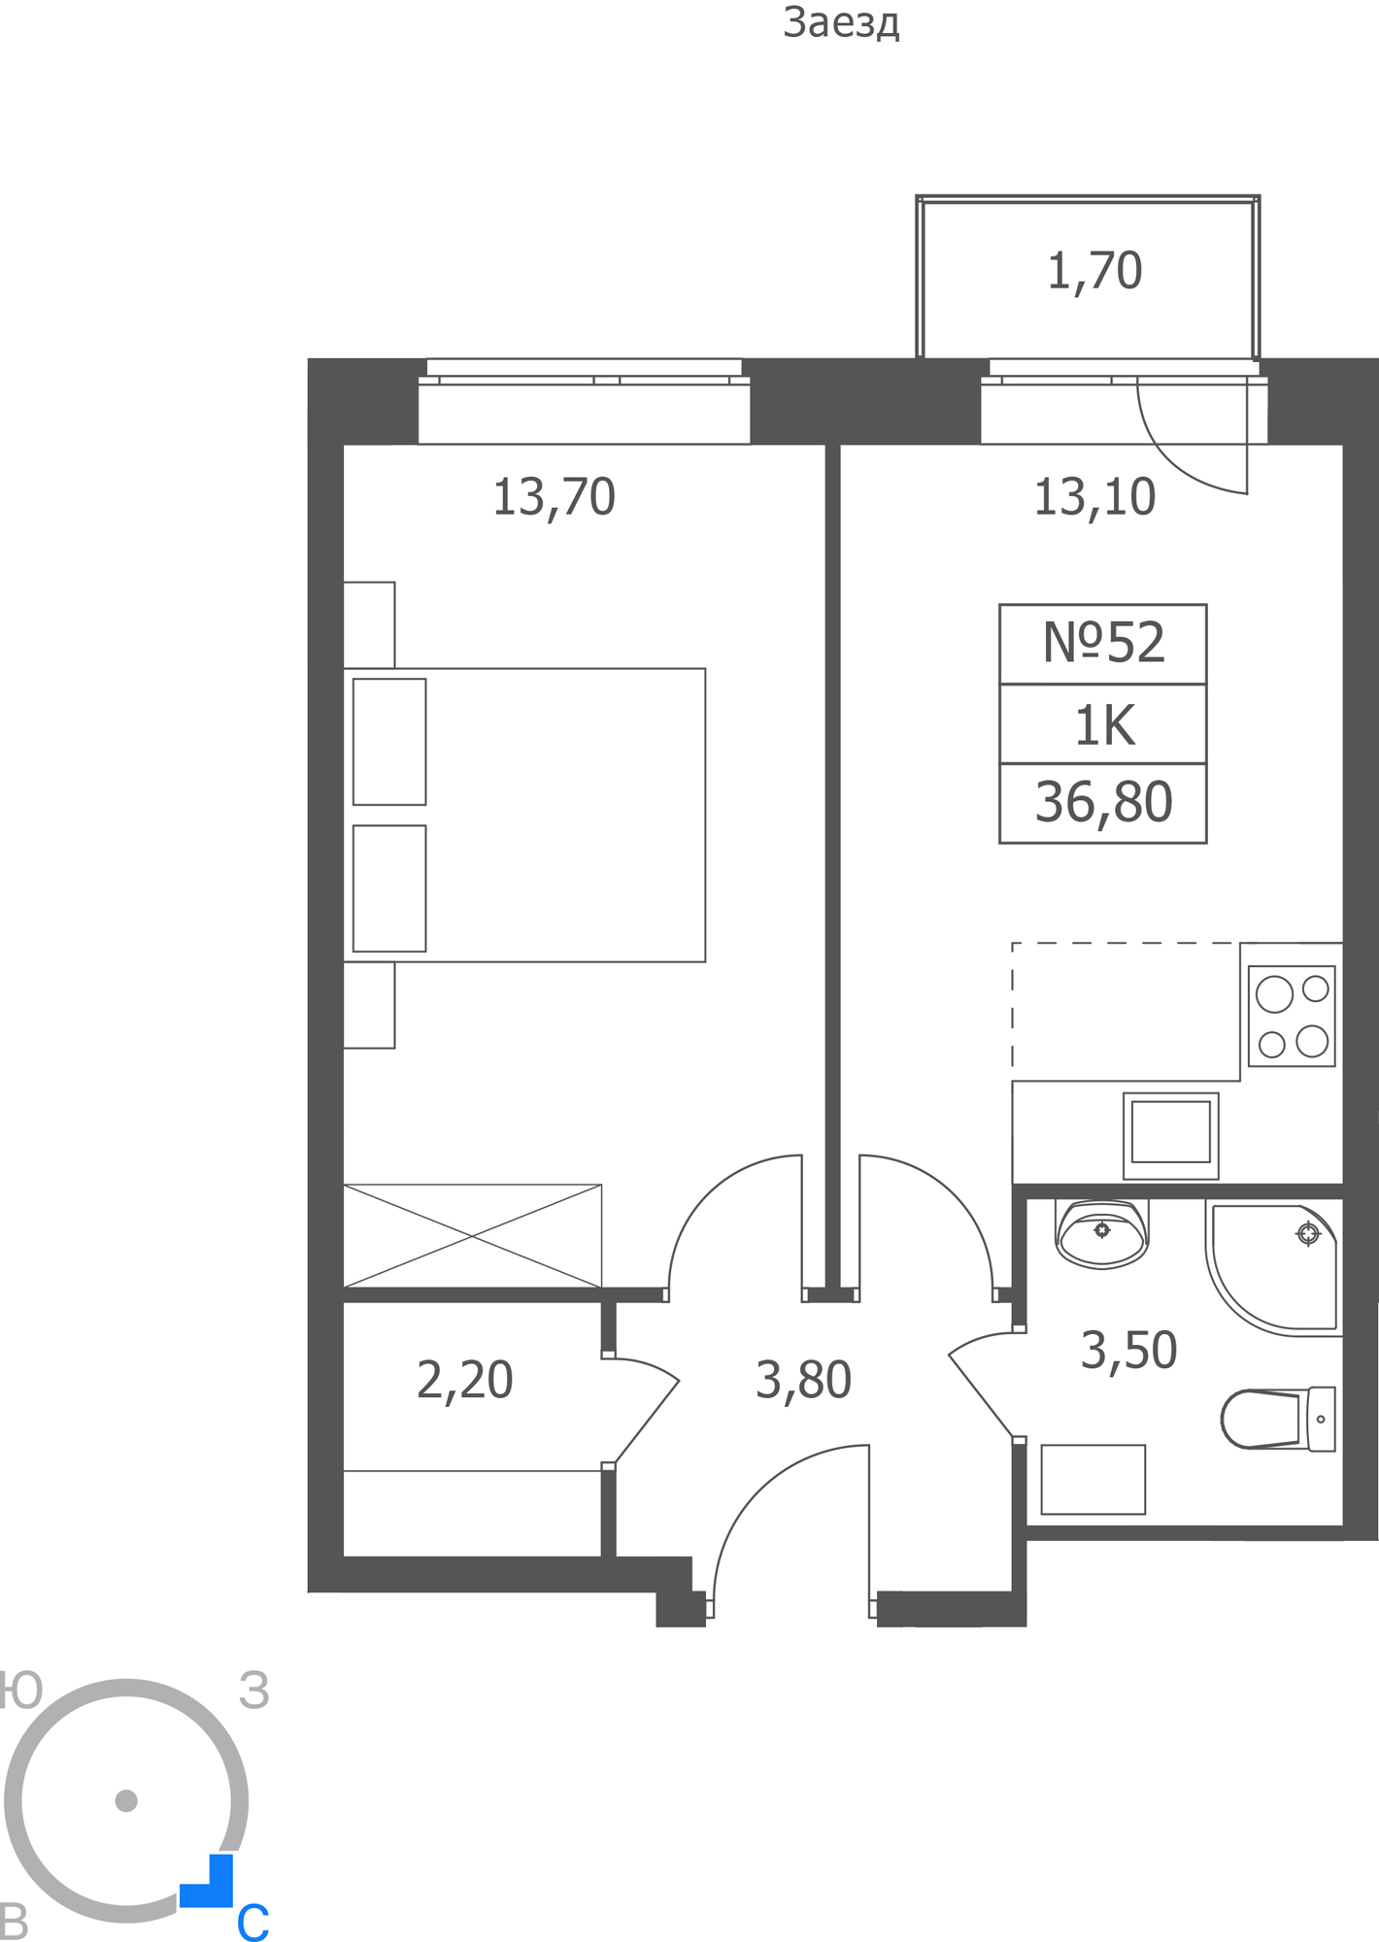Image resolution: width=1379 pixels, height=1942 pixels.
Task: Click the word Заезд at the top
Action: pos(841,23)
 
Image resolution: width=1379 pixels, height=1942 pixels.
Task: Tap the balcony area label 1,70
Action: pos(1094,271)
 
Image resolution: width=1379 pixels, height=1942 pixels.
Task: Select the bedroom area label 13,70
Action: pos(554,497)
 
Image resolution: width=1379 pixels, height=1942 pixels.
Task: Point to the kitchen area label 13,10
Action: pos(1094,497)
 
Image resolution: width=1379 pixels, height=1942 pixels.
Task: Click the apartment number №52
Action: pos(1103,643)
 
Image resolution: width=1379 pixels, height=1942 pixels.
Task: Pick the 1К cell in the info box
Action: pos(1104,725)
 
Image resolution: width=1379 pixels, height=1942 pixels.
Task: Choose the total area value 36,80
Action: pos(1103,802)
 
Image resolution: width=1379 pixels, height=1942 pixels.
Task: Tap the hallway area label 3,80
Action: pos(803,1380)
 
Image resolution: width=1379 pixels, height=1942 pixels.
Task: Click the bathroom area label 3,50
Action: pos(1128,1351)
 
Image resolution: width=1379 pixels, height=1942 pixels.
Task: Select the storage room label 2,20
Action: pos(464,1380)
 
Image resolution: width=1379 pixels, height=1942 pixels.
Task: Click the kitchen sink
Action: pos(1170,1135)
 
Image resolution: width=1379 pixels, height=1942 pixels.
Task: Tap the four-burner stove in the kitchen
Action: pos(1292,1017)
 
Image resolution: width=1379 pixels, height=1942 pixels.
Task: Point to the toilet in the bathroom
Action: pos(1278,1419)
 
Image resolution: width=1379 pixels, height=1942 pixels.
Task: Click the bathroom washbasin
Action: pos(1101,1234)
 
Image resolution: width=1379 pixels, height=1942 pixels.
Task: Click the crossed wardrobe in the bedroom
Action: pos(472,1236)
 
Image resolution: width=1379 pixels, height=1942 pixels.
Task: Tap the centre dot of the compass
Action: pos(126,1801)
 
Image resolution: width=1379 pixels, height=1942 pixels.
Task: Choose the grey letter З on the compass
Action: pos(254,1691)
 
